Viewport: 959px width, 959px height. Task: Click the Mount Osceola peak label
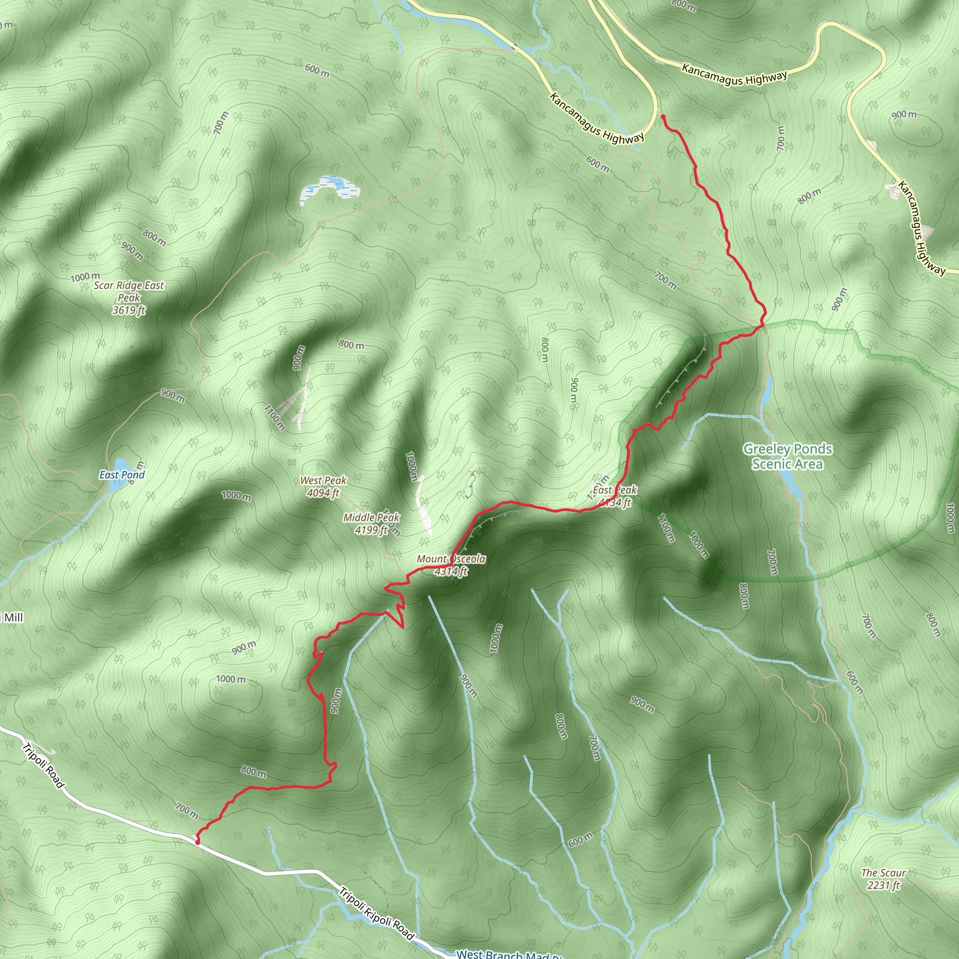tap(451, 565)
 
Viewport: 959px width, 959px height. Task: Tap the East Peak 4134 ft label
tap(614, 496)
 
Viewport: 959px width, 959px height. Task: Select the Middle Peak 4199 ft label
tap(371, 523)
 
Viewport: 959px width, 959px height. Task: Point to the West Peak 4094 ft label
tap(323, 487)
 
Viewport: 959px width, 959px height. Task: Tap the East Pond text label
tap(122, 474)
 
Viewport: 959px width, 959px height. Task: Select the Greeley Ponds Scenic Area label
tap(787, 456)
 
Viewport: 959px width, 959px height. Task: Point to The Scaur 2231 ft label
tap(883, 878)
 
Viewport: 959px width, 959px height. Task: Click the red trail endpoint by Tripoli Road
tap(198, 841)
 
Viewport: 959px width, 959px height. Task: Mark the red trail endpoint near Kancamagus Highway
tap(663, 117)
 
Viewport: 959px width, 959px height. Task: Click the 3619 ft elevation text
tap(129, 310)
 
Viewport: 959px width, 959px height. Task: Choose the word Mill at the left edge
tap(14, 618)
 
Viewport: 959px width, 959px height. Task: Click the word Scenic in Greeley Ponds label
tap(770, 464)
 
